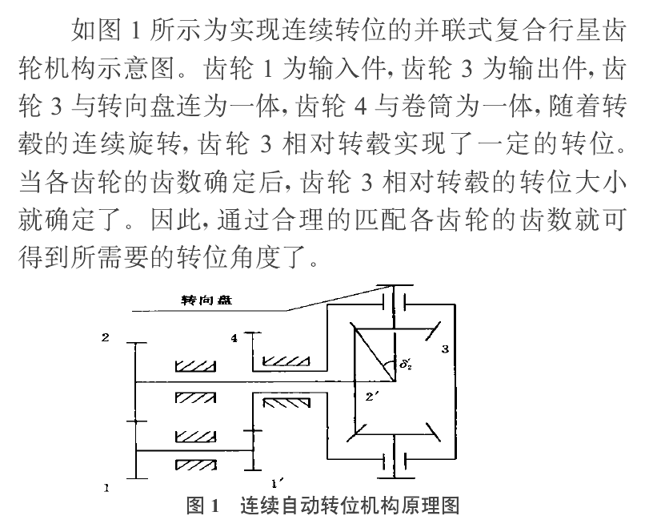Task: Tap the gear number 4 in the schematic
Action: (x=234, y=339)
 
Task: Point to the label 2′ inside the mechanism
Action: (x=371, y=396)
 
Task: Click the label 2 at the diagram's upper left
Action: (x=105, y=337)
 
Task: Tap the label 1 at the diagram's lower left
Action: (x=105, y=486)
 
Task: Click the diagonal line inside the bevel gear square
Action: (x=371, y=353)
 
